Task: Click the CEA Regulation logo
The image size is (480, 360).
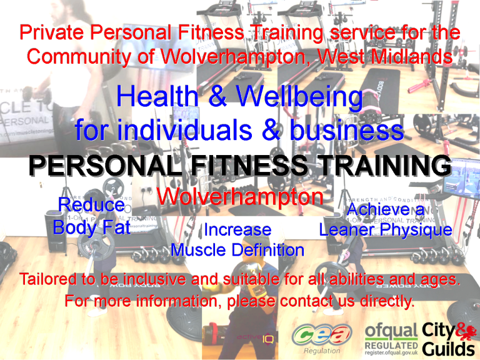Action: [x=320, y=340]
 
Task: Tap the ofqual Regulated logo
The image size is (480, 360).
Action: [x=391, y=340]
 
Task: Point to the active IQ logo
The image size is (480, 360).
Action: [x=254, y=338]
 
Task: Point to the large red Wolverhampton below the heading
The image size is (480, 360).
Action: [x=239, y=197]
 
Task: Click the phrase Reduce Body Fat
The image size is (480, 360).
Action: [x=91, y=216]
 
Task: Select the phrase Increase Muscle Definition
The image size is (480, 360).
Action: [x=237, y=240]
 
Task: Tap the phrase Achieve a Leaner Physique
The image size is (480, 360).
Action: [x=385, y=220]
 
